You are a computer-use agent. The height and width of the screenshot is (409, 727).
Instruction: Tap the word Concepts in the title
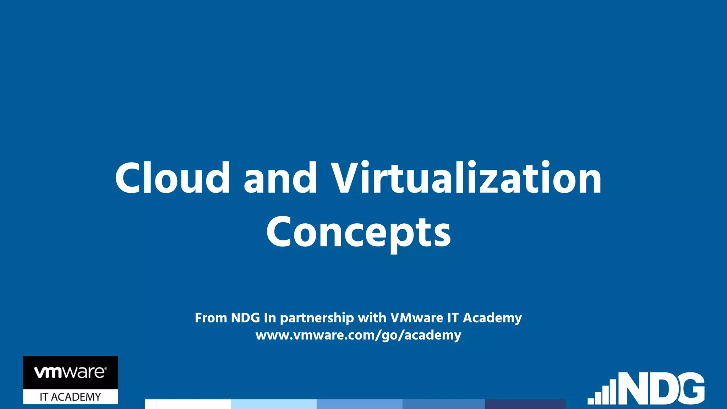359,233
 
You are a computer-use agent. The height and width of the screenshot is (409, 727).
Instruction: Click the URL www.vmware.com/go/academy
358,335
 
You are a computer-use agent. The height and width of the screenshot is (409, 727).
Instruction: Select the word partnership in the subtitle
317,318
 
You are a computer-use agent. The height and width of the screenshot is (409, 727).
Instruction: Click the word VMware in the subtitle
417,318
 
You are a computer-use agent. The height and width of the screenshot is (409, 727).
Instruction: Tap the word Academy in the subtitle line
492,318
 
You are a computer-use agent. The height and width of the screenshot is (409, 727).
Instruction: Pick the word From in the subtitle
211,318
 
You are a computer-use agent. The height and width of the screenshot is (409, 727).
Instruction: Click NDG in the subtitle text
245,318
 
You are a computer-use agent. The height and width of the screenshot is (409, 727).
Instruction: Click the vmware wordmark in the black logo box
70,372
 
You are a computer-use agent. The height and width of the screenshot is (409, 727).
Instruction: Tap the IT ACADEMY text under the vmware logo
70,397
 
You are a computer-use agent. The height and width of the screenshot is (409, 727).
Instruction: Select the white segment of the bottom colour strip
188,404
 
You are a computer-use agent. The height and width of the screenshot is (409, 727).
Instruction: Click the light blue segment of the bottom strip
273,404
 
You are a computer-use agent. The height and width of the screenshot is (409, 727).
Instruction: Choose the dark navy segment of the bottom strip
525,404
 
